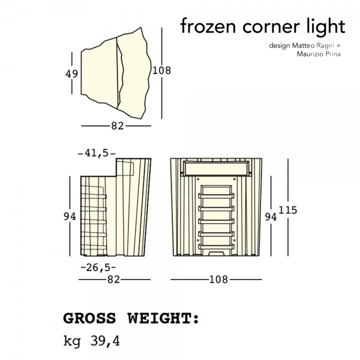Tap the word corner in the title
[271, 27]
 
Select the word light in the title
[326, 28]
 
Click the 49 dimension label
[71, 74]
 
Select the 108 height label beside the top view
[161, 70]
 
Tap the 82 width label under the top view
[118, 126]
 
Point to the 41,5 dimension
[97, 153]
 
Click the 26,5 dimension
[98, 268]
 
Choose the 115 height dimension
[288, 211]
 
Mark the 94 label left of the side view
[70, 216]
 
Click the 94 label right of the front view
[271, 217]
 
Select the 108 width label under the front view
[218, 280]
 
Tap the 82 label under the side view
[113, 280]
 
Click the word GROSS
[89, 319]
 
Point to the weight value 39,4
[105, 341]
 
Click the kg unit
[72, 341]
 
